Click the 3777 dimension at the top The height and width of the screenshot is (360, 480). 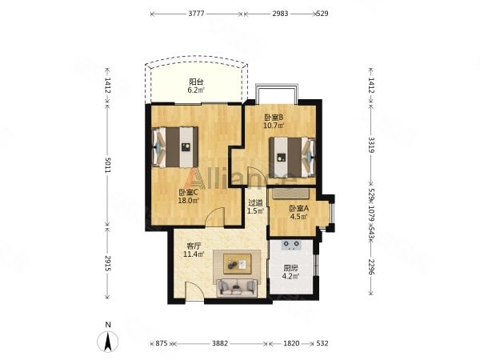pos(196,14)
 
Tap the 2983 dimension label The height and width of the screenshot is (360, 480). pos(280,14)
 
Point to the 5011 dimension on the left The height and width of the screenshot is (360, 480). pos(107,165)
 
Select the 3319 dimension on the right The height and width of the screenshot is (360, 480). pos(371,145)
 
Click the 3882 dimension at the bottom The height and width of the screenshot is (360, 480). pos(220,343)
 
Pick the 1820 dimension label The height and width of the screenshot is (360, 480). pos(291,343)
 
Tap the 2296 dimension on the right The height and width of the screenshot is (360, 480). pos(371,267)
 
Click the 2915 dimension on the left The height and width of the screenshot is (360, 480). pos(107,263)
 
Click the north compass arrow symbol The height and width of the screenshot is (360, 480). pos(108,342)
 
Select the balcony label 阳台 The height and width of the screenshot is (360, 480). pos(196,82)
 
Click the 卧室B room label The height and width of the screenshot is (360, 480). pos(274,118)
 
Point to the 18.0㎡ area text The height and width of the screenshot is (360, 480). pos(189,201)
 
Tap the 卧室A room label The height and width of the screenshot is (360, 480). pos(299,209)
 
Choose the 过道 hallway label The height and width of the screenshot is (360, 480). pos(256,202)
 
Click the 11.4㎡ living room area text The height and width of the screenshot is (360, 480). pos(194,254)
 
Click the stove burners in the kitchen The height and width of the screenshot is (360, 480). pos(291,245)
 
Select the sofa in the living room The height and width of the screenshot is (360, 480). pos(237,288)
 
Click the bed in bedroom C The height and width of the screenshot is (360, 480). pos(175,147)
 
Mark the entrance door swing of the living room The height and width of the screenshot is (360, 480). pos(194,291)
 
